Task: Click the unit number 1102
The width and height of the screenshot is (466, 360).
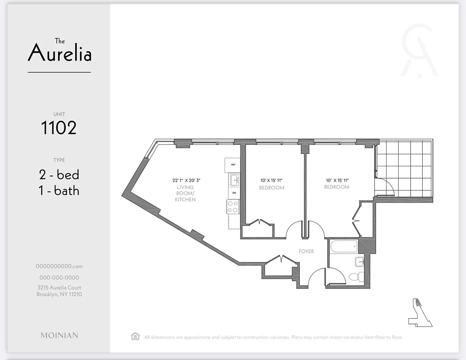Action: (59, 128)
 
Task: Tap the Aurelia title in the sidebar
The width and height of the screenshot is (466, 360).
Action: (59, 53)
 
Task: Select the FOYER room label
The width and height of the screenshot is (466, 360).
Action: (306, 251)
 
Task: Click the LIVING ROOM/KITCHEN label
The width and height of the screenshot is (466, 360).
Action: (185, 193)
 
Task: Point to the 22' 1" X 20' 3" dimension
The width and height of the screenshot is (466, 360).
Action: (185, 180)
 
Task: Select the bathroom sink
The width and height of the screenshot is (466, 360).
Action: (359, 261)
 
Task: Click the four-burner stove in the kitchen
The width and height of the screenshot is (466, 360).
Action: (233, 207)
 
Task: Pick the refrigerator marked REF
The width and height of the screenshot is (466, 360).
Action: (233, 165)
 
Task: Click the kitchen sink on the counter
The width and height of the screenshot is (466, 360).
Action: (234, 180)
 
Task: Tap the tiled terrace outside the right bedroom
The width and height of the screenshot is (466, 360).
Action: (405, 169)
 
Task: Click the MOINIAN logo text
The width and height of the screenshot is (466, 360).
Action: (59, 335)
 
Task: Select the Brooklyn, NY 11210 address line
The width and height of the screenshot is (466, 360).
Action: (59, 294)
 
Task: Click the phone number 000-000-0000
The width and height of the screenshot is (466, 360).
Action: (59, 278)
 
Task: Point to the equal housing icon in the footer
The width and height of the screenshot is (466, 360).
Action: (135, 336)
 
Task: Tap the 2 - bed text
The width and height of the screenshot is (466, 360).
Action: (59, 175)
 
